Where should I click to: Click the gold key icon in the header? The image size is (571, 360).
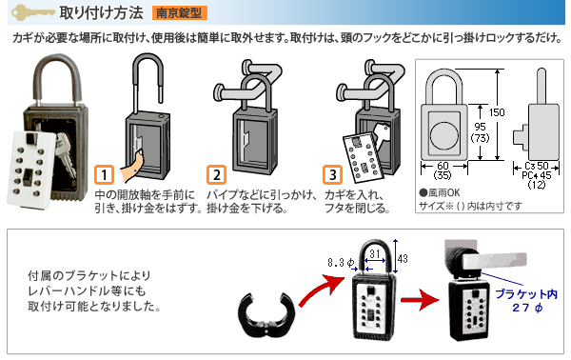(32, 12)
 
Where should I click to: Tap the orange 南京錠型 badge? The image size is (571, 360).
(180, 13)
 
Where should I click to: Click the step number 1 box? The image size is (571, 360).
(104, 174)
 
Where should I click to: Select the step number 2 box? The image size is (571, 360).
(217, 174)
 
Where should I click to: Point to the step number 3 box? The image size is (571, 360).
(332, 174)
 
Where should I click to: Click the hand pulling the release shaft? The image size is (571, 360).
(132, 168)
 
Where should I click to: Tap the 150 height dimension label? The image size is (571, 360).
(497, 112)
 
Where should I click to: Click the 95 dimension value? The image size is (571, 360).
(480, 127)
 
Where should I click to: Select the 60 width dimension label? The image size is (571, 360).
(443, 166)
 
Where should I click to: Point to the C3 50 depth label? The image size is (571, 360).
(537, 166)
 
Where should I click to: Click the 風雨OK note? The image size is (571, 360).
(440, 192)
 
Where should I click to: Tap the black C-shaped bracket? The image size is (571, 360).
(266, 314)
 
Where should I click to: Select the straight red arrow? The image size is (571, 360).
(420, 300)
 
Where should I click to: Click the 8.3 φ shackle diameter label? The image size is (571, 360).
(341, 262)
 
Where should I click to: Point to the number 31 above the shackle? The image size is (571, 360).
(375, 253)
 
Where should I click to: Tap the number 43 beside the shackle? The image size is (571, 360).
(403, 259)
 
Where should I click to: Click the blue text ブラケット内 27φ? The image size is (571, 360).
(526, 301)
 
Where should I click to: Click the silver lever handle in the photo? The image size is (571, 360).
(495, 262)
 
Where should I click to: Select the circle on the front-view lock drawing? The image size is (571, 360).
(443, 133)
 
